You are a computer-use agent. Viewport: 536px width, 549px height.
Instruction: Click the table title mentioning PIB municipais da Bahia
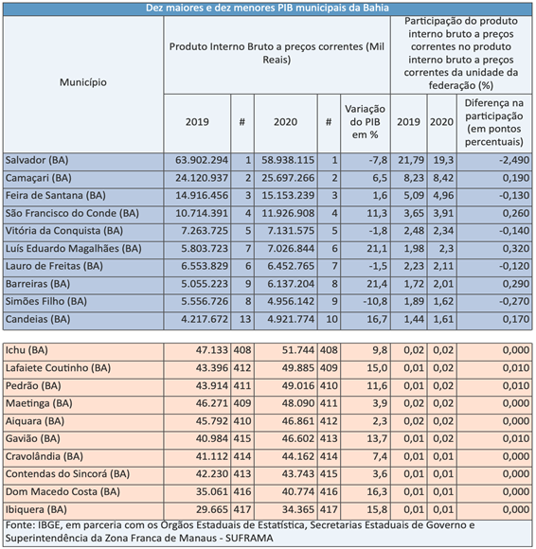267,8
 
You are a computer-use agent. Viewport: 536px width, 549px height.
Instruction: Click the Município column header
83,82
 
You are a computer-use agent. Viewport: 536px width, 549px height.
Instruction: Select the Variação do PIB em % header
365,122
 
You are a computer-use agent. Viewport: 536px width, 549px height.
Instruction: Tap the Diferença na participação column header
494,122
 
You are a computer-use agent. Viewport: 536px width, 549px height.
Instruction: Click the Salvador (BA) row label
37,160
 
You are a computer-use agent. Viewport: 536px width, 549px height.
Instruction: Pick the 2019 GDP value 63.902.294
202,160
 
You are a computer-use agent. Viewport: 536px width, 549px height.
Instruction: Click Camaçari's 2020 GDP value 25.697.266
288,178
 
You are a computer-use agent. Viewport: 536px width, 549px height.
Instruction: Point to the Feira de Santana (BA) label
55,195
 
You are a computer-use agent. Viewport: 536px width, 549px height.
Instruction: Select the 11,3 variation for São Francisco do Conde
377,213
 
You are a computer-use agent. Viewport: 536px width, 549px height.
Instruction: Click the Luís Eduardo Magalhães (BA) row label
74,249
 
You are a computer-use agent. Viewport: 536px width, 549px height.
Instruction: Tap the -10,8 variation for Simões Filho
375,301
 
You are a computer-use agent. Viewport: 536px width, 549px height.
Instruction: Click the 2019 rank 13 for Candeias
245,319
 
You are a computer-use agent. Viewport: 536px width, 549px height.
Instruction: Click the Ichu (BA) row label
27,350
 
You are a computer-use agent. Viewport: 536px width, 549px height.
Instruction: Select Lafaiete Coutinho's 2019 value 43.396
212,368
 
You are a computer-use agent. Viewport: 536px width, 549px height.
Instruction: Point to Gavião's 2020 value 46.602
298,438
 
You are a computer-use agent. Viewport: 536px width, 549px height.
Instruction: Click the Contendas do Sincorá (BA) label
67,474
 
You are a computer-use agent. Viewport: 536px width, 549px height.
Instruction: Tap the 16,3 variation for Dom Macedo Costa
377,492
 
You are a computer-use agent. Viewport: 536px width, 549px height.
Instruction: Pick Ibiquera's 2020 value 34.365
298,509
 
